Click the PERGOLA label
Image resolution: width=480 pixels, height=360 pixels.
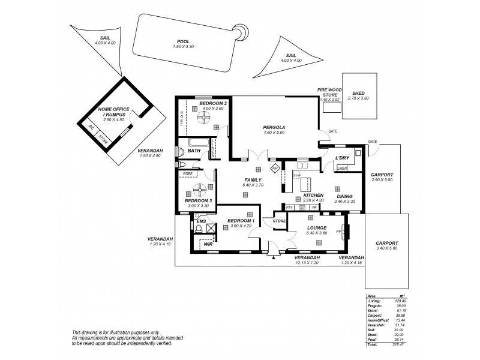pos(273,127)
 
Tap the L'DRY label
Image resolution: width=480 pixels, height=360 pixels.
pos(342,158)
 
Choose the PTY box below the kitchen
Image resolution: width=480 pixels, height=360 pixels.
pos(289,207)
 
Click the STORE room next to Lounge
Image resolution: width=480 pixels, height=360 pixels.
pos(280,221)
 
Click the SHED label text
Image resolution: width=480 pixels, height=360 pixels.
pos(358,93)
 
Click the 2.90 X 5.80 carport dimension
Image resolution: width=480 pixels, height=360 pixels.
pos(381,180)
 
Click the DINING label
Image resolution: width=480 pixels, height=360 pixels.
pos(344,196)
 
